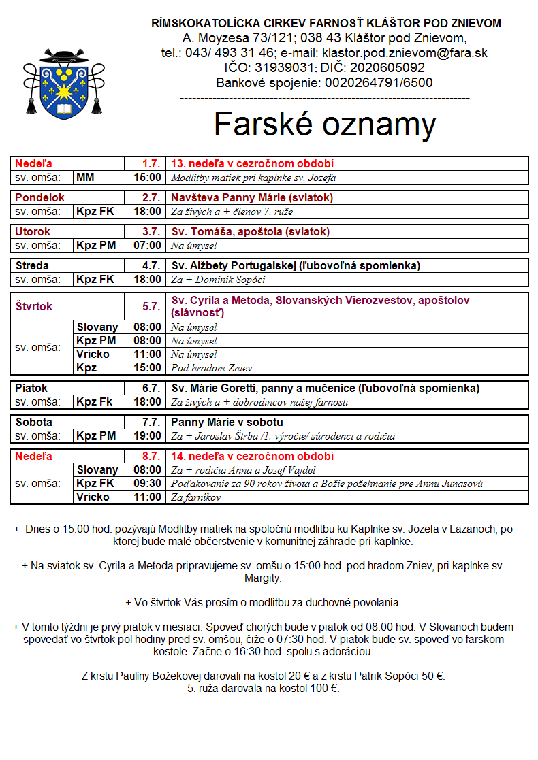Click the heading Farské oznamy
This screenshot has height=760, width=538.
[x=325, y=125]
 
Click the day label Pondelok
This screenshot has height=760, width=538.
[x=40, y=198]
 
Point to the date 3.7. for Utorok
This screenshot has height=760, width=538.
[x=151, y=232]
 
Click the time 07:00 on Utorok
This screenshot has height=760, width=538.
[x=148, y=246]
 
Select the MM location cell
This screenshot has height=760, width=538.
[x=86, y=178]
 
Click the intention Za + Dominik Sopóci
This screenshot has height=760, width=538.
[x=218, y=280]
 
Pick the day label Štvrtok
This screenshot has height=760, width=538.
[x=34, y=307]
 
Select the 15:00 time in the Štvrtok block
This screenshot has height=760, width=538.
[x=148, y=368]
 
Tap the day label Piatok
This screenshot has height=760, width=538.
[x=32, y=389]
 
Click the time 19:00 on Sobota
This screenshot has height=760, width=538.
[x=148, y=436]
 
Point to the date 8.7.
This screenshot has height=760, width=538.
[x=151, y=457]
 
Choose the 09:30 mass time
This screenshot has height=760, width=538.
[x=148, y=484]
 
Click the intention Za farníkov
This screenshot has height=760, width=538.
[x=196, y=497]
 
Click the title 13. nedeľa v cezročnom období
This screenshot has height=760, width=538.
[x=252, y=164]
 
